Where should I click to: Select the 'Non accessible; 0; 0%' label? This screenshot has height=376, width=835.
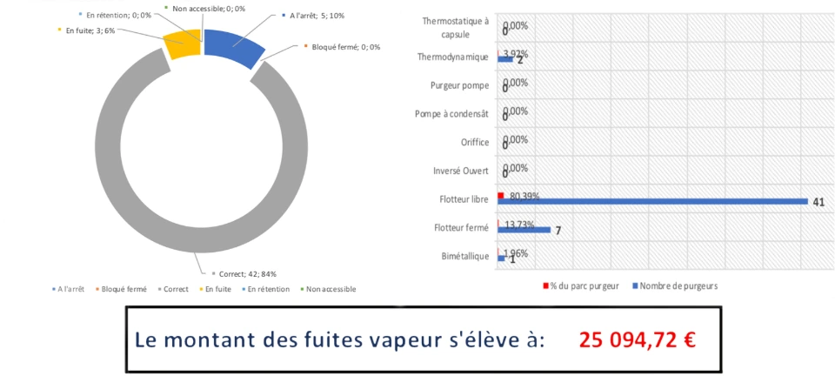209,8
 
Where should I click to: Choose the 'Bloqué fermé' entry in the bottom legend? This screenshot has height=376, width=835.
124,289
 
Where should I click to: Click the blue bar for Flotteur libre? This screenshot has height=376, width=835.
652,202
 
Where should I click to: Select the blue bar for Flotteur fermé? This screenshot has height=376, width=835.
524,230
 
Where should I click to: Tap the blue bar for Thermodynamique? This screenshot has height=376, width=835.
505,59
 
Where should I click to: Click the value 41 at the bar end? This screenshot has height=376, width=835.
818,202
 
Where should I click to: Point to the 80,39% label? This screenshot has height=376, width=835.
524,197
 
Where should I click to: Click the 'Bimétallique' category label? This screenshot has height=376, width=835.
462,256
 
